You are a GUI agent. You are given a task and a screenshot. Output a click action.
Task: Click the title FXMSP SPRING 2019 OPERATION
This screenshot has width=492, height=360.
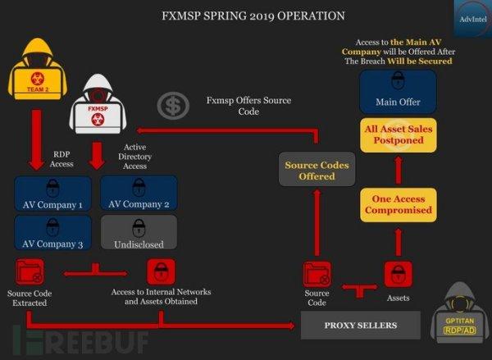pos(245,16)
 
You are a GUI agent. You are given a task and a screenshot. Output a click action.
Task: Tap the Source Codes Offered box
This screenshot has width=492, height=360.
pos(317,170)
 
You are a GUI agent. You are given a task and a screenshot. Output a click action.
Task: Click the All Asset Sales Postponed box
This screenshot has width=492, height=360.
pos(399,134)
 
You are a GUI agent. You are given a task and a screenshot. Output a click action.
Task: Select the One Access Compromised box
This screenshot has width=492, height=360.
pos(398,205)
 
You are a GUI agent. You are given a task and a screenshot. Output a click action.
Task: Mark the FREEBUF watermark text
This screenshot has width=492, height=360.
pos(74,338)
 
